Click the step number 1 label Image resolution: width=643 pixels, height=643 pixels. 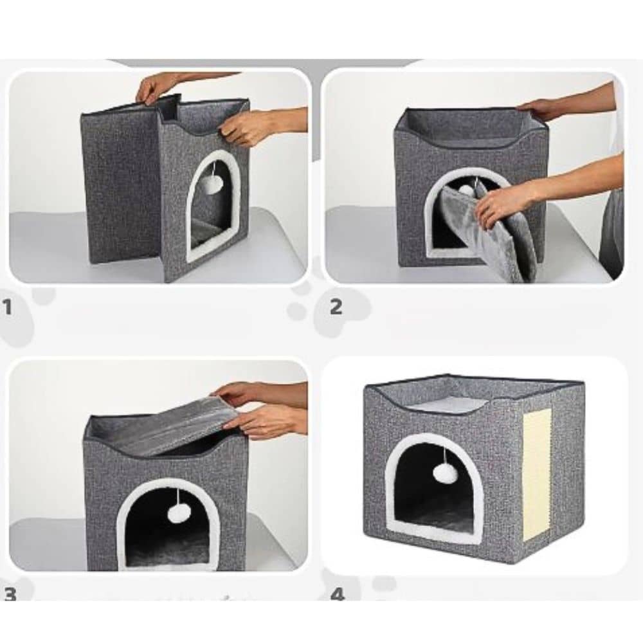[7, 307]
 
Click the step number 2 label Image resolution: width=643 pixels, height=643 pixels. [336, 307]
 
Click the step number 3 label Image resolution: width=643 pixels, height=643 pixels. [10, 594]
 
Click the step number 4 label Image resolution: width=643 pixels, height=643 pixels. [337, 594]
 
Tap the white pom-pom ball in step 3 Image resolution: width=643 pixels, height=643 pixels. [177, 513]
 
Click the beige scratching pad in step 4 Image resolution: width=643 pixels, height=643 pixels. [537, 475]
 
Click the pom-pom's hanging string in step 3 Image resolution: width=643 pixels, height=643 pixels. [177, 496]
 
